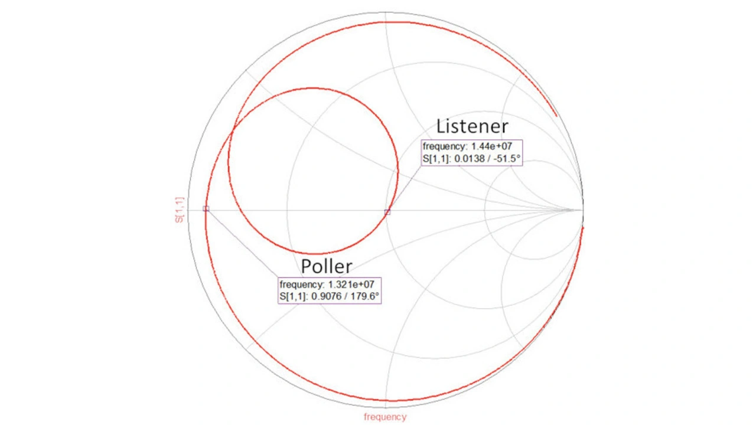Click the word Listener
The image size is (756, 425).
click(472, 126)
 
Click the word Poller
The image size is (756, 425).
click(327, 266)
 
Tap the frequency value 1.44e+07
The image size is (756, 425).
click(492, 146)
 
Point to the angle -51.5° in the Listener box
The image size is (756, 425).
click(507, 159)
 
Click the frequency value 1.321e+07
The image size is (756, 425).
click(351, 285)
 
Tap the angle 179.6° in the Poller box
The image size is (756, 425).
click(365, 296)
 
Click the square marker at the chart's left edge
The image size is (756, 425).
click(206, 209)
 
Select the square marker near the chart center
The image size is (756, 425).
click(387, 212)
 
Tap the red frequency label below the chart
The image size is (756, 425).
click(385, 417)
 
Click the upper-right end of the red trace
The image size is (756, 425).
click(556, 116)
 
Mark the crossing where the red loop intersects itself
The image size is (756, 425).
click(233, 129)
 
